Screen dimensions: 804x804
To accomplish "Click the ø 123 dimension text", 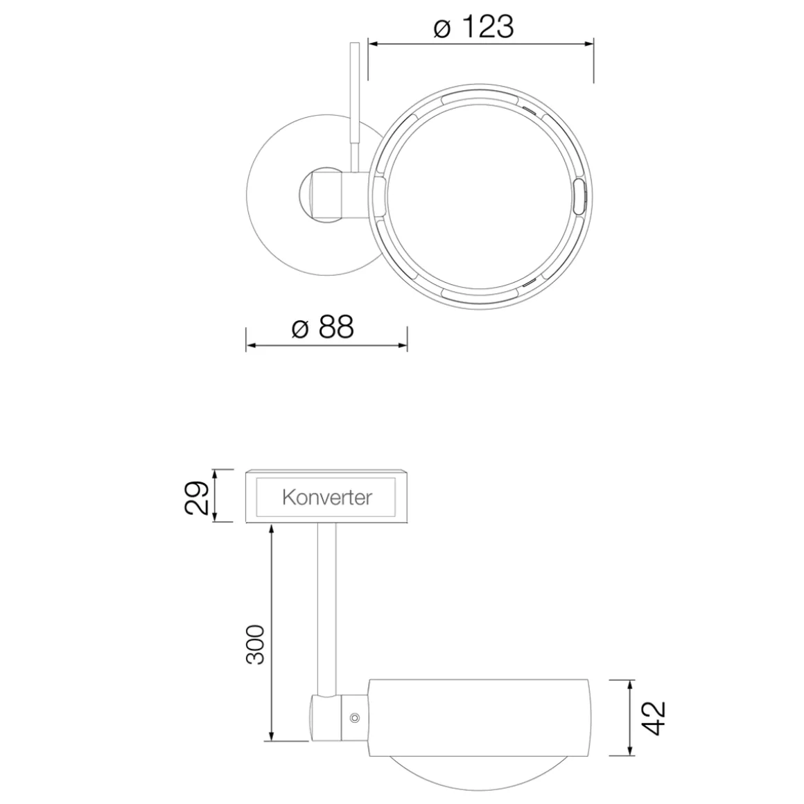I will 473,27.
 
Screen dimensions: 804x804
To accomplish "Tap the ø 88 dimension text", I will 323,326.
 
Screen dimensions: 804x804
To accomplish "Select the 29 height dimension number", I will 197,496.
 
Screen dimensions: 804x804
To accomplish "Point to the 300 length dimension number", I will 256,644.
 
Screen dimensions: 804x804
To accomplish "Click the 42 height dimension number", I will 654,717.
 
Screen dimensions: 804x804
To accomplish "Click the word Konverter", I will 327,497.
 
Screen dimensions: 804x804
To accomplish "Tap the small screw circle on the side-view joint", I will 355,717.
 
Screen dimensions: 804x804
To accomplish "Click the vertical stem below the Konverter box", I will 326,603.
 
